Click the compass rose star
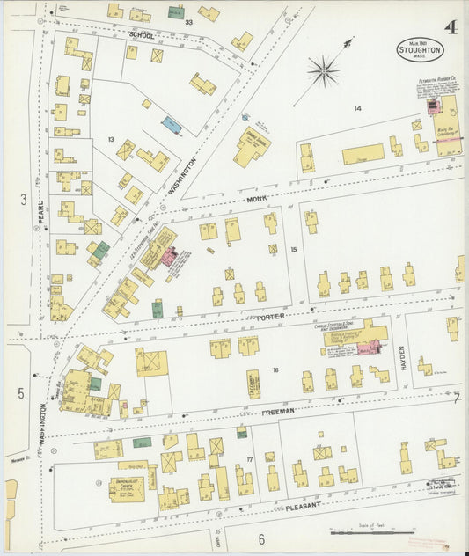324,70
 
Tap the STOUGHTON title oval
420,49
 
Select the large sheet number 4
450,26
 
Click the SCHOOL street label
142,35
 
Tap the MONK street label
256,201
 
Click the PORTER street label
271,316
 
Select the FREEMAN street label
277,411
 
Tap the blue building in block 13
172,126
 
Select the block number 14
357,108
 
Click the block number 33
187,22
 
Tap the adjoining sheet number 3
23,200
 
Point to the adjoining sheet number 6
261,538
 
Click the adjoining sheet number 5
21,392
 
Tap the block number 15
295,251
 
